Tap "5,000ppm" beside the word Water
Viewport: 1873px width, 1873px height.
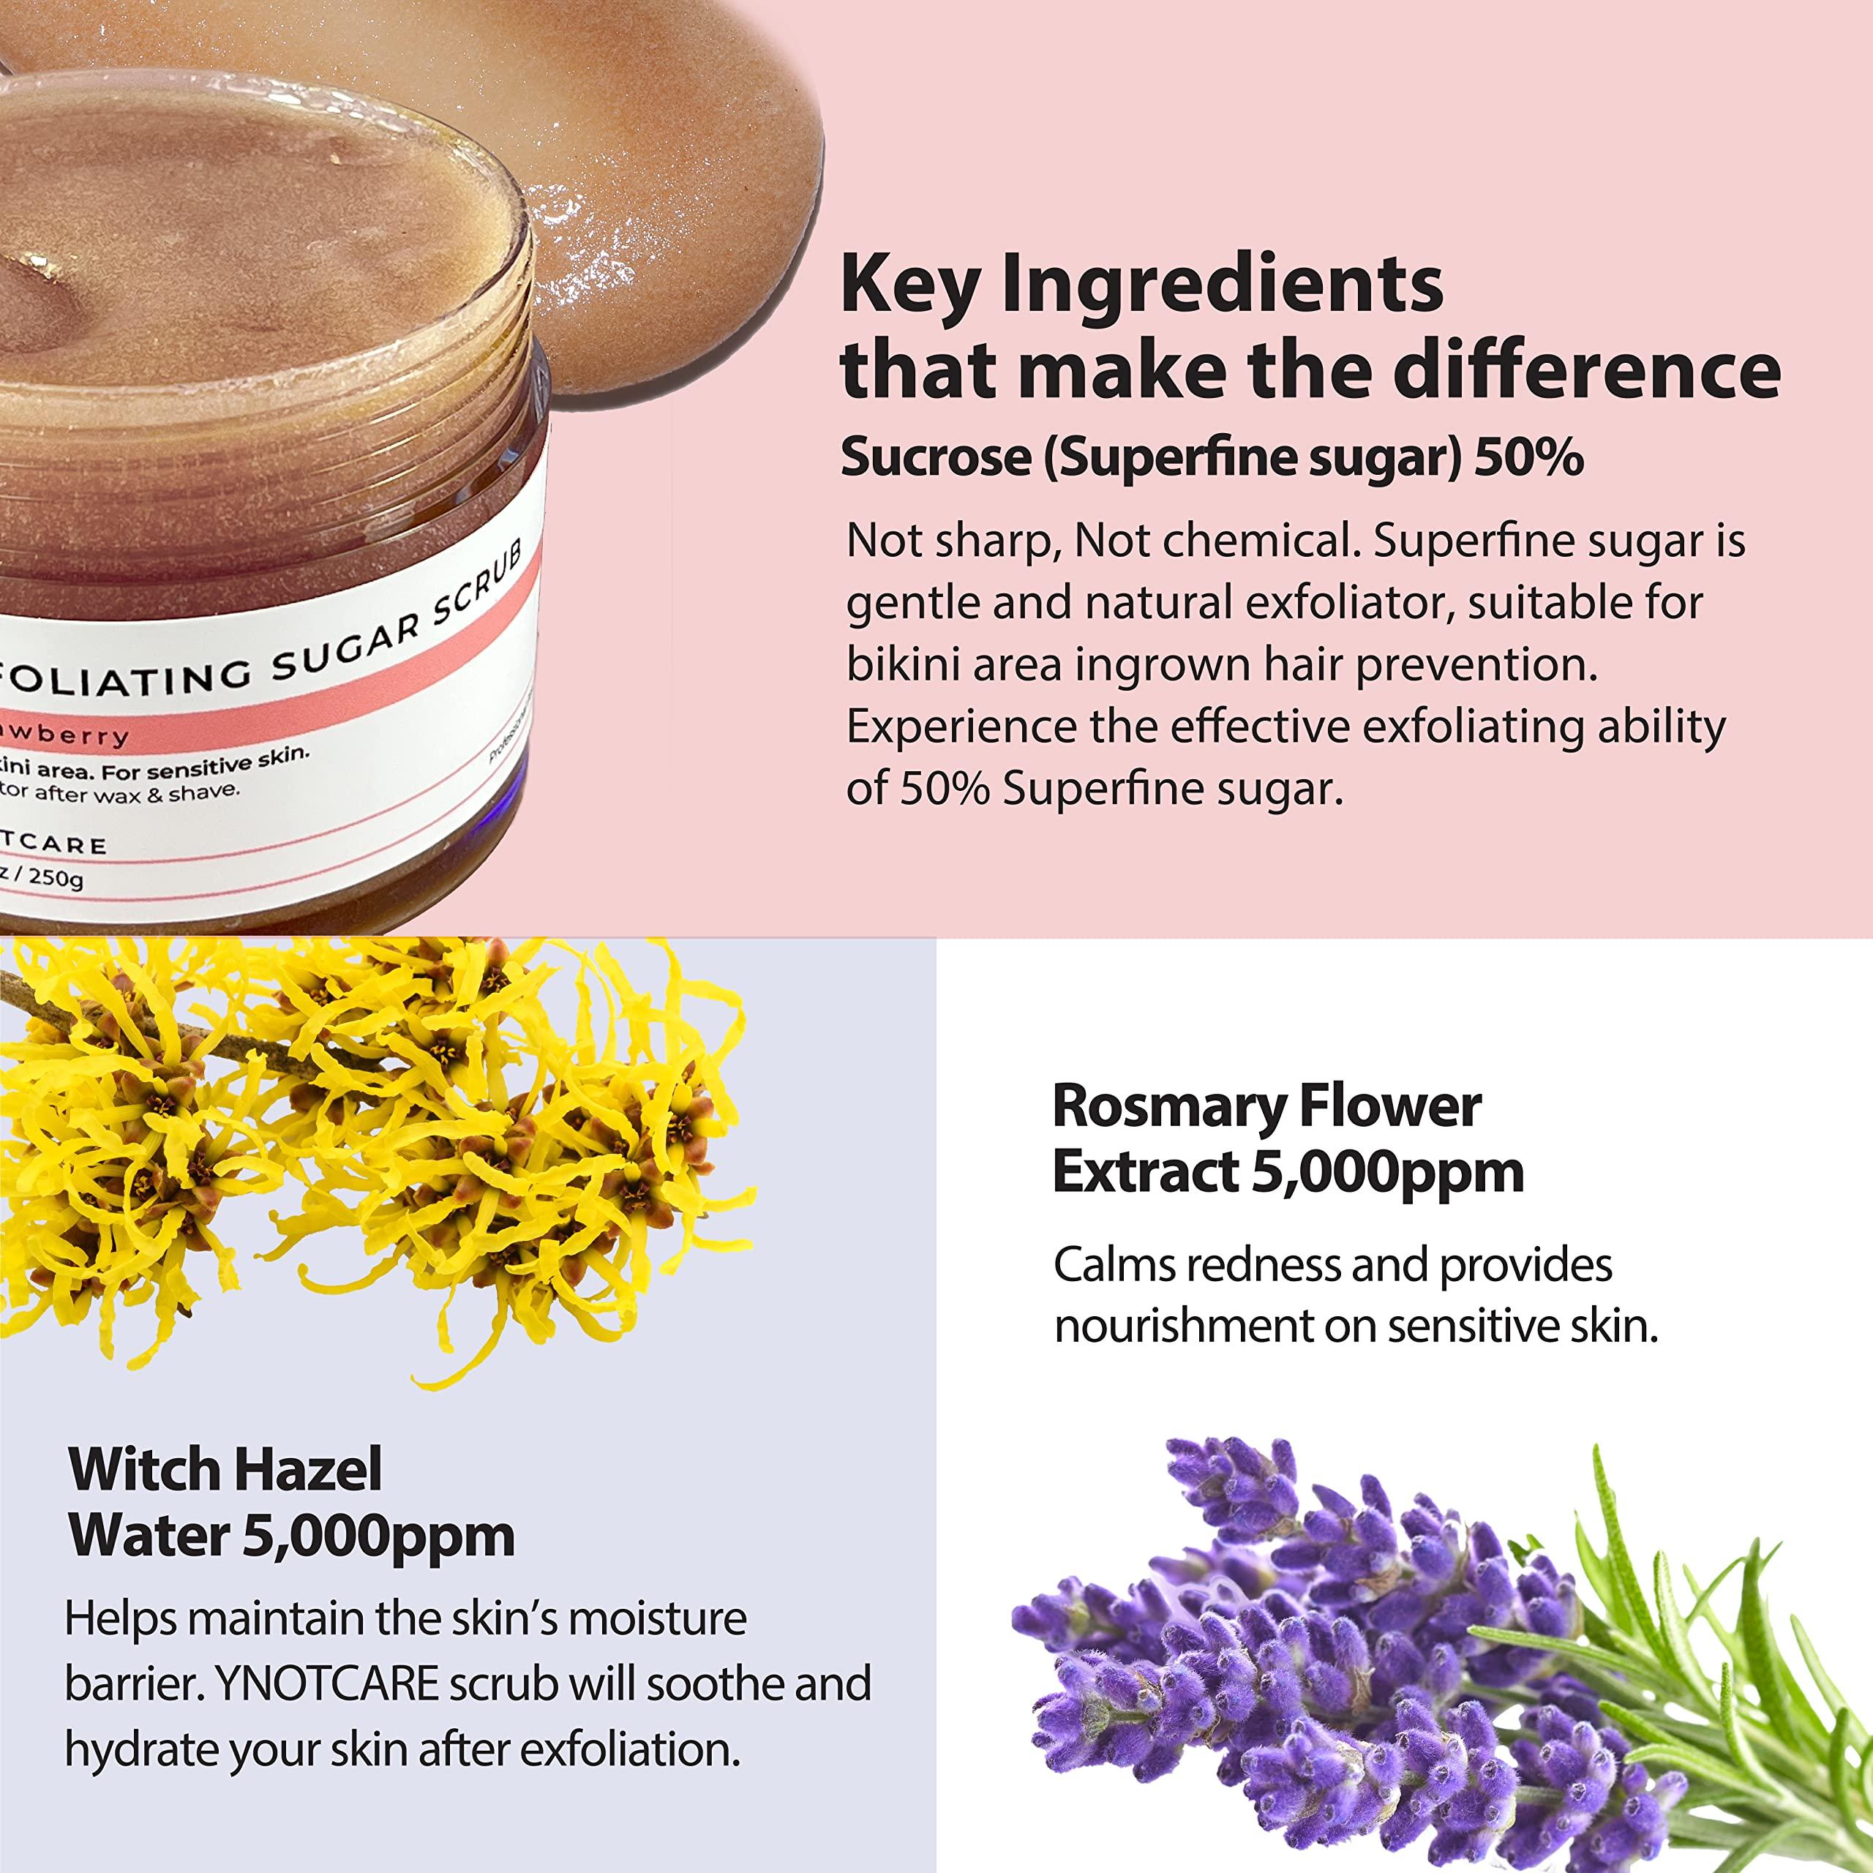click(x=378, y=1536)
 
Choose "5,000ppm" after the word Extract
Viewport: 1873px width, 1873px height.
click(x=1387, y=1172)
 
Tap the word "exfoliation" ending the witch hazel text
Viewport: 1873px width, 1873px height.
click(x=630, y=1750)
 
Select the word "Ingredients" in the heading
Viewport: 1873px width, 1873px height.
click(x=1222, y=287)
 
